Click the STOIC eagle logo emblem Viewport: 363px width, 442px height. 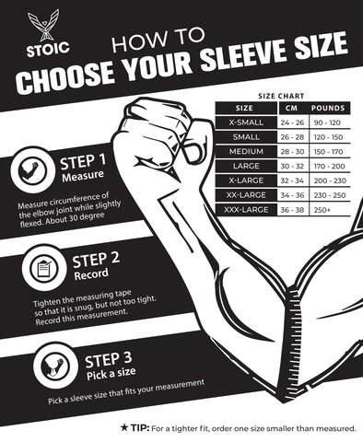pyautogui.click(x=43, y=26)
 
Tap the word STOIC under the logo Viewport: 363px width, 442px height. pyautogui.click(x=48, y=49)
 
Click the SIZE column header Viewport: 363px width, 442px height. pyautogui.click(x=244, y=108)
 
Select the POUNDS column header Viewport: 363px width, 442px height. pyautogui.click(x=328, y=108)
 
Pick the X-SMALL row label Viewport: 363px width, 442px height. pyautogui.click(x=246, y=122)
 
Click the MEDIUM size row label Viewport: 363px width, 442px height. pyautogui.click(x=246, y=152)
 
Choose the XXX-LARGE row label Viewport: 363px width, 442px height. pyautogui.click(x=246, y=210)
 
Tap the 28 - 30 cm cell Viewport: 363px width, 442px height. pyautogui.click(x=292, y=152)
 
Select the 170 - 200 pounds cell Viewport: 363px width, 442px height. pyautogui.click(x=329, y=167)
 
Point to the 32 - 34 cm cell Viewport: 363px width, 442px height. pyautogui.click(x=292, y=180)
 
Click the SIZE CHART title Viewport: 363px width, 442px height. pyautogui.click(x=281, y=97)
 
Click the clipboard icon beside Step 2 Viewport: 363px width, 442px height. pyautogui.click(x=44, y=269)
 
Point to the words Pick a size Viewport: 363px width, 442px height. pyautogui.click(x=111, y=373)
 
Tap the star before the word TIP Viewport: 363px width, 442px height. pyautogui.click(x=123, y=427)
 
